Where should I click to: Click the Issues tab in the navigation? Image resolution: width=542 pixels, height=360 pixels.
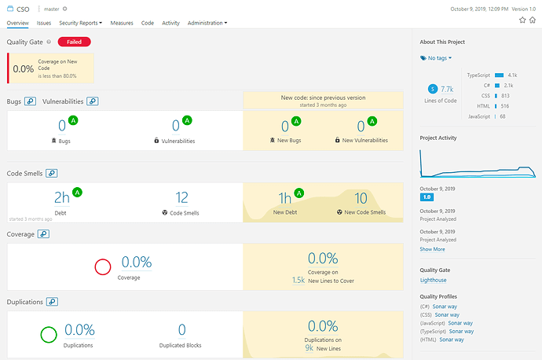coord(44,24)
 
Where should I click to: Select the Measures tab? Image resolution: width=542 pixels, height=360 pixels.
coord(122,24)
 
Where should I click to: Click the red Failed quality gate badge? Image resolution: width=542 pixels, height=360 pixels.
coord(74,42)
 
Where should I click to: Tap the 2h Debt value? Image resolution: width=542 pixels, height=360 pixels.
coord(62,197)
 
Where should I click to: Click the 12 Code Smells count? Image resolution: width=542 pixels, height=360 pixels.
coord(181,197)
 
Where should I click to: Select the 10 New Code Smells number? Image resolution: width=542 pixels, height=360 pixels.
coord(361,197)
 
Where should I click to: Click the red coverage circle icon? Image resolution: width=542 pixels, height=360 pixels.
coord(103,266)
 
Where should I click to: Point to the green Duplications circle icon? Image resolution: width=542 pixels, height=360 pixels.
coord(49,335)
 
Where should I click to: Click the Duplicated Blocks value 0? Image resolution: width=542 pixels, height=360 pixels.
coord(181,330)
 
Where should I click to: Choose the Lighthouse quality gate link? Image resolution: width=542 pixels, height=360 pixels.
coord(433,281)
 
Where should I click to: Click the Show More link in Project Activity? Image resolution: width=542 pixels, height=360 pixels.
coord(432,249)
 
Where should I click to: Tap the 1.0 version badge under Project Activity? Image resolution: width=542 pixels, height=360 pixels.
coord(427,197)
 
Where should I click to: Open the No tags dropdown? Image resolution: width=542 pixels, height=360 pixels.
coord(437,58)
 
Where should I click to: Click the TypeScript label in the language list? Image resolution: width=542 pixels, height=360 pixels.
coord(478,75)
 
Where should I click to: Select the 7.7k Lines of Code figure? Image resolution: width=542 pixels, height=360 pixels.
coord(447,90)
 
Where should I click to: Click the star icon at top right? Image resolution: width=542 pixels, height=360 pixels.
coord(521,20)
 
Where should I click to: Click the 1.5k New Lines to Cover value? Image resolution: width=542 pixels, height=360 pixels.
coord(298,280)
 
